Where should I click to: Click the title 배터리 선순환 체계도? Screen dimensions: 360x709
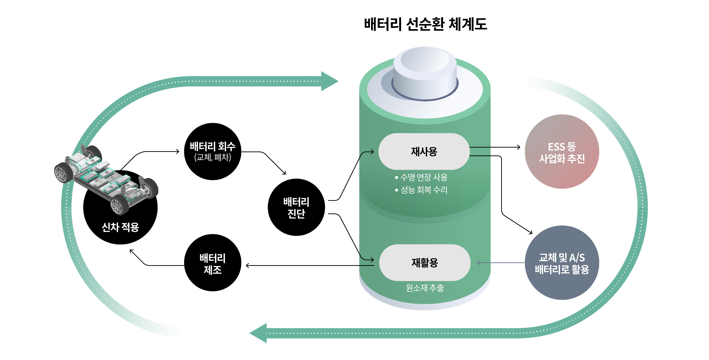(x=425, y=24)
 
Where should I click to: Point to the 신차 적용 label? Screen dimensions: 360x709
(x=120, y=227)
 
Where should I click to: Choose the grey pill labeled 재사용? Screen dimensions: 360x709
(x=424, y=151)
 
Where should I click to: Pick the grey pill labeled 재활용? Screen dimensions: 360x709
(x=425, y=263)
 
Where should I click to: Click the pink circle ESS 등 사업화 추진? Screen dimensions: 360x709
(x=562, y=152)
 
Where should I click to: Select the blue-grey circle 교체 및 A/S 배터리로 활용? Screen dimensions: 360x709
(x=562, y=263)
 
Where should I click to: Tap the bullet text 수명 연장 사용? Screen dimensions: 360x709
(x=424, y=177)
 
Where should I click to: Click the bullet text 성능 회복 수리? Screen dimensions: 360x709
(x=424, y=190)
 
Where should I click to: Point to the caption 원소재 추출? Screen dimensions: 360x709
(x=425, y=288)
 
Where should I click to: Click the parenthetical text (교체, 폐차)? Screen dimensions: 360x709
(x=212, y=157)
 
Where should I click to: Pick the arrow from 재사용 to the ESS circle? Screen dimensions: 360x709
(x=495, y=147)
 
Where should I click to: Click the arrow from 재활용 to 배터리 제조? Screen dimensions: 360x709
(x=309, y=265)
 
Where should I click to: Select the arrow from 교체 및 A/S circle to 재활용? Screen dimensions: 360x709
(x=500, y=263)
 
